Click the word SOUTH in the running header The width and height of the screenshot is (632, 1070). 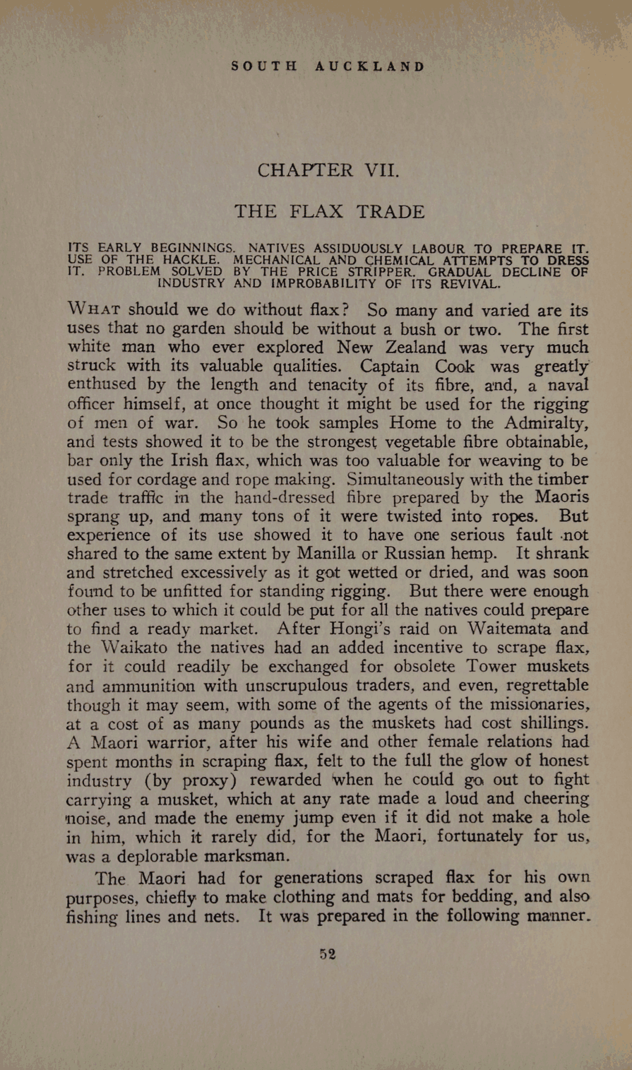pos(264,66)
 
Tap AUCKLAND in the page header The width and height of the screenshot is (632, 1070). pos(369,66)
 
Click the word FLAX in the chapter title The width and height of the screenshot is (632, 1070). pos(317,212)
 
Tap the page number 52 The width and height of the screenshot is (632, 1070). pos(328,954)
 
